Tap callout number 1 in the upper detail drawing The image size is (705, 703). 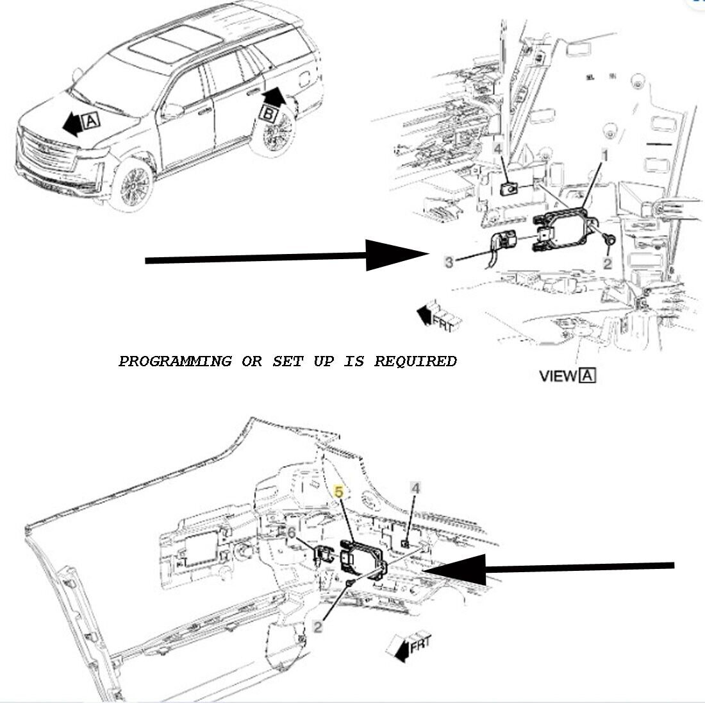pos(603,155)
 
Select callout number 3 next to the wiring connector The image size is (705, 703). pos(449,262)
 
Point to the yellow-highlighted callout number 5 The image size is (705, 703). pos(340,491)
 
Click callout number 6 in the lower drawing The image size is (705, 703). pos(291,533)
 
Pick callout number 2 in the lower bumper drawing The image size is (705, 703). pos(318,627)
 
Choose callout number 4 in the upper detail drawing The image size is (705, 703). pos(497,149)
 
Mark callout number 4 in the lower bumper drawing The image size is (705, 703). pos(415,489)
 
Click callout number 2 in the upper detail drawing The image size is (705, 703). pos(607,263)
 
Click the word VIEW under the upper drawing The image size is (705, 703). pos(558,377)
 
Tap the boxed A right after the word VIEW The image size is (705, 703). pos(587,376)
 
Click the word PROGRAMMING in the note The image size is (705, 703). pos(174,361)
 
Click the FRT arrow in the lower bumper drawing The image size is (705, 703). pos(411,645)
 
